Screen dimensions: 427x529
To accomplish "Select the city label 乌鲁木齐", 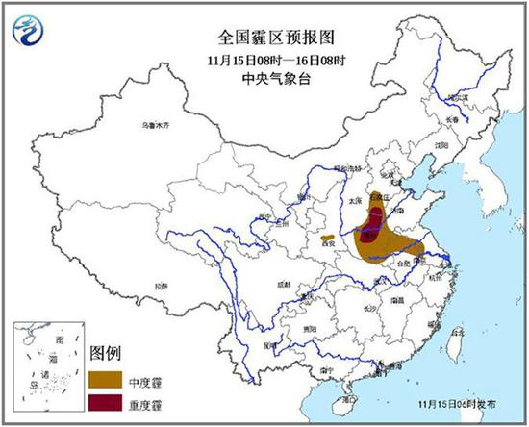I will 154,126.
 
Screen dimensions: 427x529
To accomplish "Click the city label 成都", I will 282,285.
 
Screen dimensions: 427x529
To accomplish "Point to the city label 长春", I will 452,117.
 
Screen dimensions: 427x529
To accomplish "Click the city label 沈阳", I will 441,145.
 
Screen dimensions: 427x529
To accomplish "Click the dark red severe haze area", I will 369,229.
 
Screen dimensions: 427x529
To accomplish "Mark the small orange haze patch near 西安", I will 328,237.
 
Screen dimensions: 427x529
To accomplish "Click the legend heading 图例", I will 107,350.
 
